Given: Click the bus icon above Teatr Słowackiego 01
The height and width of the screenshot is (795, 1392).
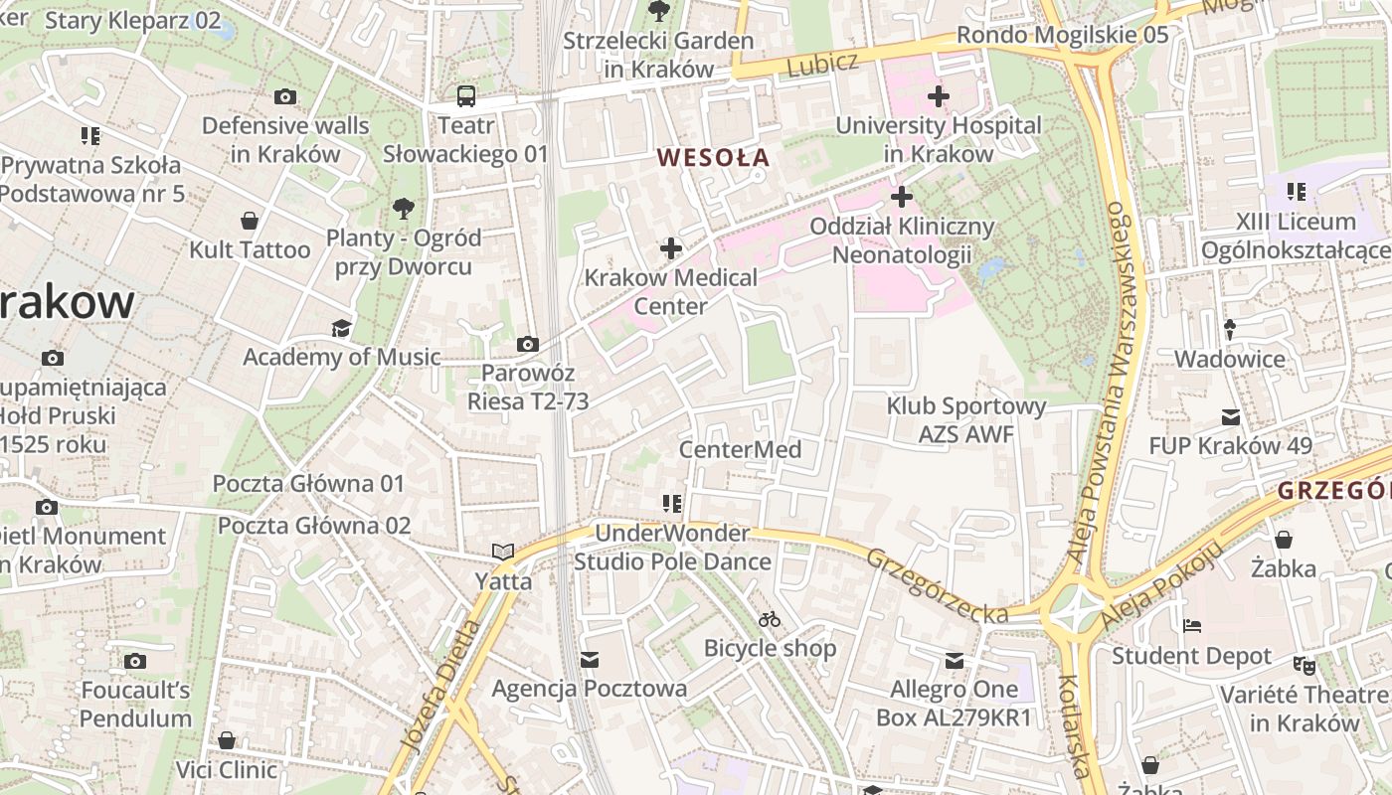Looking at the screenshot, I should [466, 96].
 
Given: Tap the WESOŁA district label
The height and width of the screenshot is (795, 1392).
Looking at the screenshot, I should [713, 157].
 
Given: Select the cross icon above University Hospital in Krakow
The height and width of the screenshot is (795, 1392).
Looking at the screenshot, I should [938, 96].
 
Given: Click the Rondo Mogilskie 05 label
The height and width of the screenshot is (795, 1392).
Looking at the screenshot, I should [1062, 36].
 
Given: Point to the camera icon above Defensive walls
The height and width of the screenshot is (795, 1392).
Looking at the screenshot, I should [285, 96].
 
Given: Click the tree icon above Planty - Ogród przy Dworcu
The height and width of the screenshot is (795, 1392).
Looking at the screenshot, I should [404, 209].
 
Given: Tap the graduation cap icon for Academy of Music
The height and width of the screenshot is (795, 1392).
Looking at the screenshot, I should [342, 328].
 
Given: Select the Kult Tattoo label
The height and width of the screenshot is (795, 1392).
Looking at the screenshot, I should [250, 249].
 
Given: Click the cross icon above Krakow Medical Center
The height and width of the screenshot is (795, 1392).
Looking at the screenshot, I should [671, 247].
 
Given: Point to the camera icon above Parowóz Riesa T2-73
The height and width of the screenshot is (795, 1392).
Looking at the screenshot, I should [528, 345].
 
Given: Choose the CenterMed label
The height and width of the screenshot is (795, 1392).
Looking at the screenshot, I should [740, 449].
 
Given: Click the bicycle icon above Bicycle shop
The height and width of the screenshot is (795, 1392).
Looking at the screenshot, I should [770, 619].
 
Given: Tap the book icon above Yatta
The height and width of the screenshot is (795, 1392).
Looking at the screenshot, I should [503, 552].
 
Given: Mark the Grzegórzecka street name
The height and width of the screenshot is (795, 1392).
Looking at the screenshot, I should [939, 586].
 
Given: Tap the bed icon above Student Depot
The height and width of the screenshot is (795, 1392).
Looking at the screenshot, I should [1191, 627].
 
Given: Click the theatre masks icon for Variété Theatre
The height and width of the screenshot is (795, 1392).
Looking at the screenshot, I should [1304, 665].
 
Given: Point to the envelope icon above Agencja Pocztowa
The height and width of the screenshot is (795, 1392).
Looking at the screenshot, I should [590, 660].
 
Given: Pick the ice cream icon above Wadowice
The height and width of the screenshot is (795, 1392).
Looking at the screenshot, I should [1230, 329].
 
